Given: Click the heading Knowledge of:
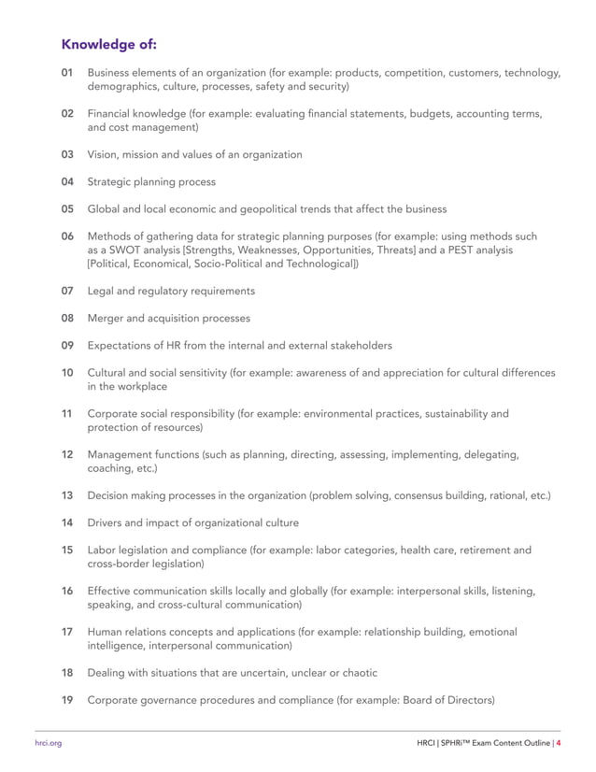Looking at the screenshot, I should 108,44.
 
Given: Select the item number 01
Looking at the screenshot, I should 67,73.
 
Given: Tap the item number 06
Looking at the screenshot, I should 67,236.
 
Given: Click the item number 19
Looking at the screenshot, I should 67,699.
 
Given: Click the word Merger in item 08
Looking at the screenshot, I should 106,318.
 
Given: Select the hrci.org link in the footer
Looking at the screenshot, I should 48,744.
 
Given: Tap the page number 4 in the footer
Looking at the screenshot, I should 558,744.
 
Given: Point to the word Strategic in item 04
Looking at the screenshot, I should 111,181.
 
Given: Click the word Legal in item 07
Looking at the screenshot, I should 101,291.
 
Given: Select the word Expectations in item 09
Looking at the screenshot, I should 123,346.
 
